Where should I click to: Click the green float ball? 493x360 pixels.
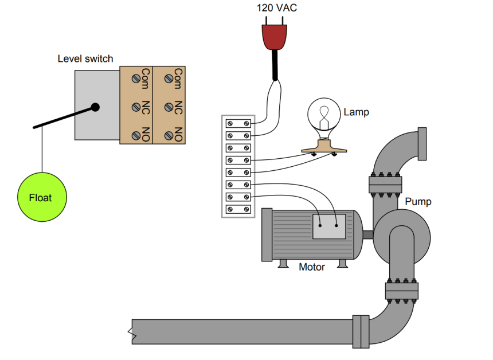click(x=42, y=197)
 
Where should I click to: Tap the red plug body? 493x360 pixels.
click(x=275, y=37)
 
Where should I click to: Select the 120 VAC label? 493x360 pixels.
click(x=277, y=7)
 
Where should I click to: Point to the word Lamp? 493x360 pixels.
click(x=356, y=112)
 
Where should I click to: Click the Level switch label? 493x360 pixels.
click(x=85, y=59)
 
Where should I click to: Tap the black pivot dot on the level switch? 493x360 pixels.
click(x=95, y=108)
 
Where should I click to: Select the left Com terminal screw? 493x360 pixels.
click(x=136, y=79)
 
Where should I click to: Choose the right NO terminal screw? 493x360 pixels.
click(x=169, y=135)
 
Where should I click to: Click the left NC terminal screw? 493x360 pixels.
click(x=136, y=107)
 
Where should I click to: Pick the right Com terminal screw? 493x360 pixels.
click(x=169, y=79)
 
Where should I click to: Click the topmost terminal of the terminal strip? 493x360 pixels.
click(x=238, y=124)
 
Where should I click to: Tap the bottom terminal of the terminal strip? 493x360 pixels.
click(x=238, y=209)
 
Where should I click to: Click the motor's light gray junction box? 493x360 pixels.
click(x=329, y=226)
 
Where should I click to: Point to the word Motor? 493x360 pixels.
click(x=312, y=267)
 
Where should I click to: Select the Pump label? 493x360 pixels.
click(x=418, y=202)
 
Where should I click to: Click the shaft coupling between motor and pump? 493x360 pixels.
click(x=368, y=235)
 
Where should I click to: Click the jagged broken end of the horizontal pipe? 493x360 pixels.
click(x=132, y=332)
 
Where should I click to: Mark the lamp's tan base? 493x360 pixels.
click(x=324, y=147)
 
